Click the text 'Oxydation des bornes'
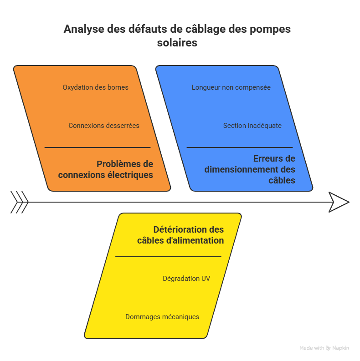pos(96,87)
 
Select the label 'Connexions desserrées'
pos(104,126)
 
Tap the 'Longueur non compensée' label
pos(231,87)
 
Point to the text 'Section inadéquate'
pos(252,126)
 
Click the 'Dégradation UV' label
pos(186,279)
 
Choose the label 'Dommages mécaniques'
pos(162,317)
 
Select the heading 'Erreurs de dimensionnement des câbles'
pos(250,169)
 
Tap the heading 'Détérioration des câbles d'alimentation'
pos(180,235)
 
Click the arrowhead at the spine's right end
pos(339,202)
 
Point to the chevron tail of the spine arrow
pos(20,202)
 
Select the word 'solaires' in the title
pos(177,43)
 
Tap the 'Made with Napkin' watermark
pos(324,348)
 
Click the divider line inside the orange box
pos(97,147)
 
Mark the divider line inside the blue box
pos(240,147)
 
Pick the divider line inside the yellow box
pos(168,257)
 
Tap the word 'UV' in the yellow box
pos(206,279)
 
